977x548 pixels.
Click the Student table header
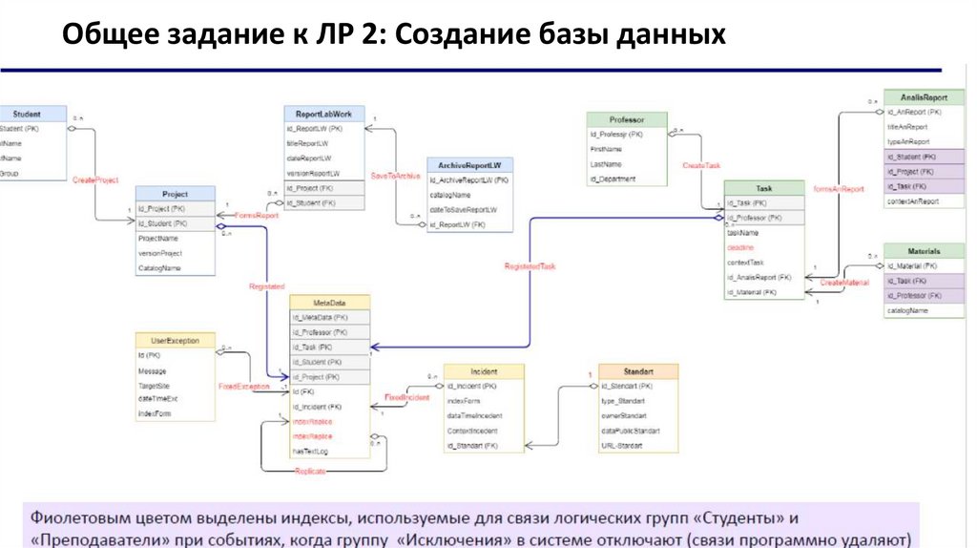click(27, 114)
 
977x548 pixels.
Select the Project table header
click(175, 194)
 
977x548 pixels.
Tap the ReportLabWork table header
click(323, 114)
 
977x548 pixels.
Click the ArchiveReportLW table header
click(469, 164)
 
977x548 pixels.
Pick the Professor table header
click(626, 120)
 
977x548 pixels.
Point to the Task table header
click(763, 188)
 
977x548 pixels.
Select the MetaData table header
click(329, 302)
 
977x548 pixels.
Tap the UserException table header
click(175, 340)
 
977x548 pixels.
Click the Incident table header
click(484, 370)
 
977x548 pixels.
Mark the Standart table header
click(637, 370)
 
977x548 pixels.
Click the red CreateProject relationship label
click(95, 179)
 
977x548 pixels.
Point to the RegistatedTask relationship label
click(530, 265)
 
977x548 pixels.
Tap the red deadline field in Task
click(741, 247)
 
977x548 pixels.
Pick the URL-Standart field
click(622, 446)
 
